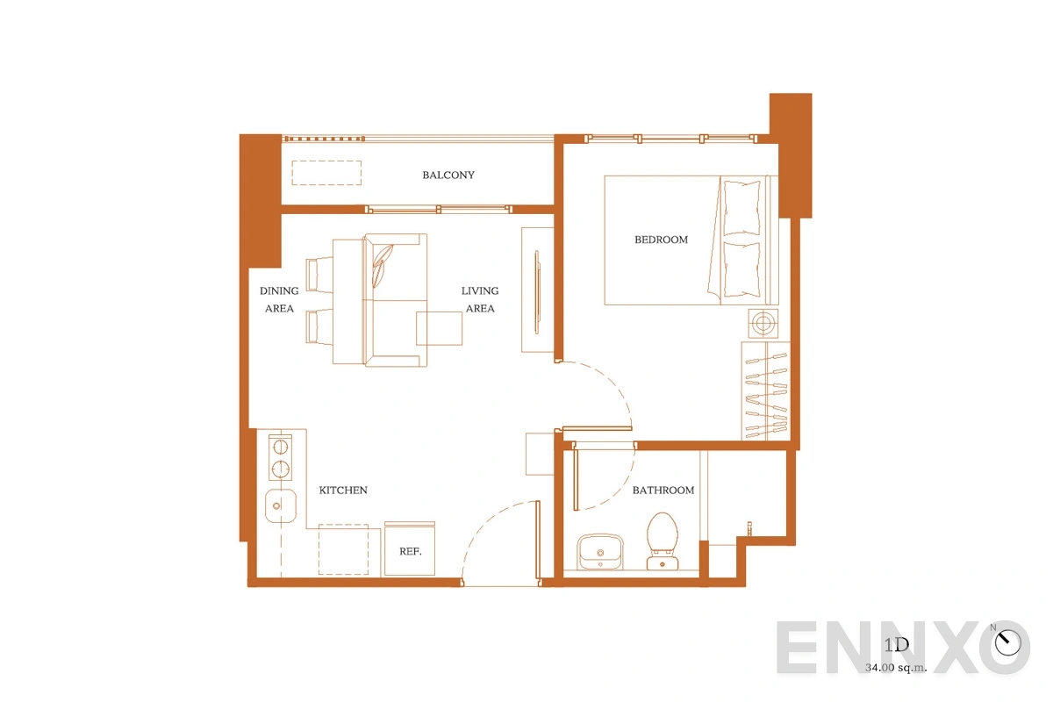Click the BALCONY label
448,175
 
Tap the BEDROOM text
661,240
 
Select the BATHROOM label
663,490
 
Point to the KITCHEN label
343,490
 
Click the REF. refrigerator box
410,548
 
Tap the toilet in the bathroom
662,541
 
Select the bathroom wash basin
600,551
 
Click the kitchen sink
281,505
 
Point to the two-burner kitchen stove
280,457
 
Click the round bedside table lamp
763,324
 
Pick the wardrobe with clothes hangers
766,390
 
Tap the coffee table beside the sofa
439,329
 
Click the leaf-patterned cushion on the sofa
382,266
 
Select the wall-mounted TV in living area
537,292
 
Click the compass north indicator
1007,641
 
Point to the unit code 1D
897,645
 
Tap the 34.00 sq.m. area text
896,668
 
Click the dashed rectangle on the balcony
326,173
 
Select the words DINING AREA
279,299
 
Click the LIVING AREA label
480,299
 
